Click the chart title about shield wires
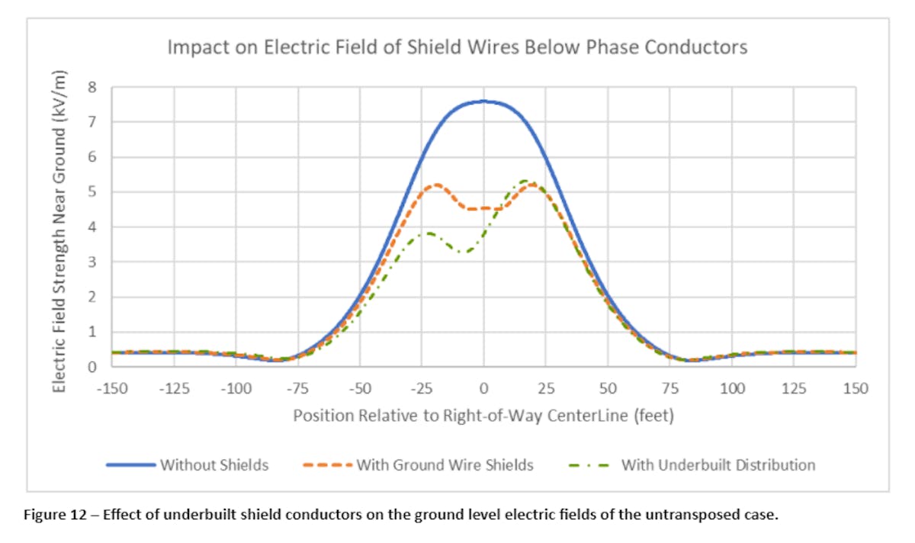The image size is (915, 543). [x=457, y=47]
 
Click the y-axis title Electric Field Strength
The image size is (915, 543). [x=60, y=231]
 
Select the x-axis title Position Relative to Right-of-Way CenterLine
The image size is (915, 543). [x=483, y=416]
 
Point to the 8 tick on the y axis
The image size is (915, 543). [x=92, y=87]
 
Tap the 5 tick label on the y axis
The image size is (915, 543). [x=92, y=192]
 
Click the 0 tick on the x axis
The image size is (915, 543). [x=483, y=389]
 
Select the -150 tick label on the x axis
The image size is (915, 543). [x=111, y=389]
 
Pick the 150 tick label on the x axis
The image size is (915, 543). [x=856, y=389]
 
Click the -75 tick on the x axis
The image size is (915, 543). [x=297, y=389]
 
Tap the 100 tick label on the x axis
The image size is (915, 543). [x=732, y=389]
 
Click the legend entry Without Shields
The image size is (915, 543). [x=213, y=464]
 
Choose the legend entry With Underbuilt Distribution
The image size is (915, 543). [x=718, y=464]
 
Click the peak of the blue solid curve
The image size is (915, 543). [x=483, y=101]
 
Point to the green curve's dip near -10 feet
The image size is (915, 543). [x=461, y=252]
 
